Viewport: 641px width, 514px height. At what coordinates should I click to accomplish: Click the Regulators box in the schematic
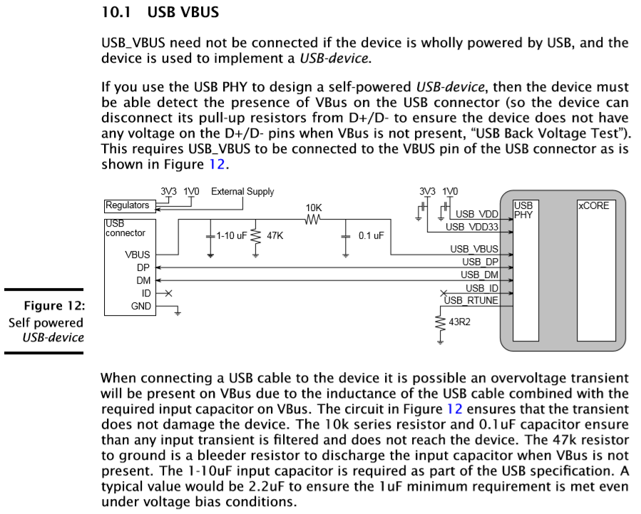pyautogui.click(x=128, y=205)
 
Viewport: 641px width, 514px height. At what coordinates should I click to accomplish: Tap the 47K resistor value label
pyautogui.click(x=274, y=235)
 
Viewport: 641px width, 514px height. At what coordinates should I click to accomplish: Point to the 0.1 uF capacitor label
pyautogui.click(x=371, y=235)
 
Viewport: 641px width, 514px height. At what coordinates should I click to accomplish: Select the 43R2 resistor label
pyautogui.click(x=460, y=322)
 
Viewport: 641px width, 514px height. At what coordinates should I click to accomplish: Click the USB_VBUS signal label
pyautogui.click(x=474, y=249)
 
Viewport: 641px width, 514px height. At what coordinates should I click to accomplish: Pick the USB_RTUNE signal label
pyautogui.click(x=471, y=300)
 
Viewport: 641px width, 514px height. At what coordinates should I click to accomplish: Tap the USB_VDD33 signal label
pyautogui.click(x=471, y=227)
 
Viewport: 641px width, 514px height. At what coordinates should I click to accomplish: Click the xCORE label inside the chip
pyautogui.click(x=593, y=205)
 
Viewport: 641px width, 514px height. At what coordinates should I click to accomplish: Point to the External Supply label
pyautogui.click(x=242, y=191)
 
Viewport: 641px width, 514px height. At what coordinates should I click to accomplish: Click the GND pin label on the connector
pyautogui.click(x=141, y=307)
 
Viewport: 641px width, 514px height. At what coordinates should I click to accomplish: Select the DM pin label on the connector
pyautogui.click(x=143, y=280)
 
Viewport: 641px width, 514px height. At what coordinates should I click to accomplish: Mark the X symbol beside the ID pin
pyautogui.click(x=168, y=293)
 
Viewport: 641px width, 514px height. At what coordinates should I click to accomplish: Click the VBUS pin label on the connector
pyautogui.click(x=138, y=254)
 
